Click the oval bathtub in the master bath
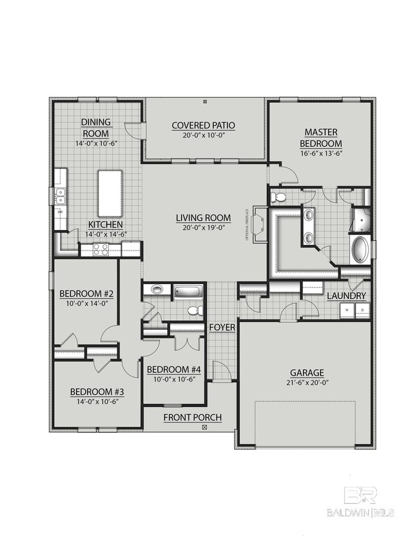tap(358, 250)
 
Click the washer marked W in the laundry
tap(348, 310)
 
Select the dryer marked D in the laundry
tap(362, 310)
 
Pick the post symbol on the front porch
tap(204, 427)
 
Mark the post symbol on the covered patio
tap(204, 102)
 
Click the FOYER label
tap(222, 328)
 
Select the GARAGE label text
tap(306, 372)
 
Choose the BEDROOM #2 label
tap(86, 294)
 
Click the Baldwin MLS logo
tap(361, 501)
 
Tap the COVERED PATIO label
tap(203, 126)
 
